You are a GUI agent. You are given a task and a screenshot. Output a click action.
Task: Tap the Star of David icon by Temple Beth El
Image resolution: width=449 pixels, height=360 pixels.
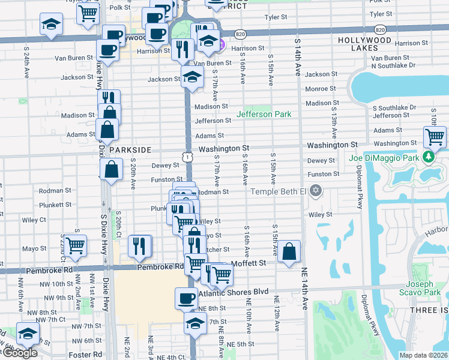pyautogui.click(x=316, y=191)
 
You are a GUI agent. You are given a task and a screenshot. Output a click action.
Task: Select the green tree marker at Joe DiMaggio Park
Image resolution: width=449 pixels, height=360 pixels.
pyautogui.click(x=428, y=157)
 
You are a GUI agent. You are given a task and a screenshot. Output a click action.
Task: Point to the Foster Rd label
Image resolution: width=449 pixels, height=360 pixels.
pyautogui.click(x=89, y=354)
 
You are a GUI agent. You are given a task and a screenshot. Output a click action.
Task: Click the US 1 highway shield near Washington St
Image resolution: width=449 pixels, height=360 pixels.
pyautogui.click(x=188, y=157)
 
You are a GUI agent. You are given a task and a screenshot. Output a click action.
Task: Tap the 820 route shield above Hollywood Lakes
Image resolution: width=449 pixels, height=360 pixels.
pyautogui.click(x=379, y=29)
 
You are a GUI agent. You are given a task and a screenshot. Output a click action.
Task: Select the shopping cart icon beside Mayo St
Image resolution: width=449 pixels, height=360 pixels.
pyautogui.click(x=75, y=245)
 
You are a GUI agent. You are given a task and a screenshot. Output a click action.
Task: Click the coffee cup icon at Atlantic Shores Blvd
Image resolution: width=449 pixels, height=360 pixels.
pyautogui.click(x=186, y=298)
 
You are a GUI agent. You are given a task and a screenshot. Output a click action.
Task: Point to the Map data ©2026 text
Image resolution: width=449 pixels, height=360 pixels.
pyautogui.click(x=423, y=355)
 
